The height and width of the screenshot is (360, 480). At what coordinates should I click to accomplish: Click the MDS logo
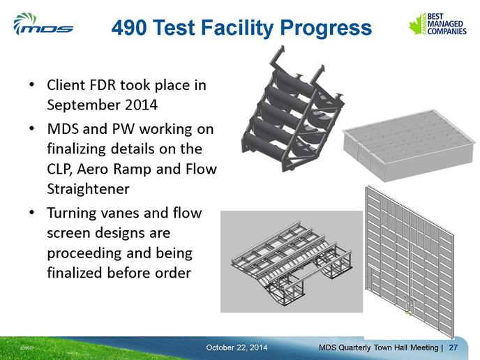(x=43, y=24)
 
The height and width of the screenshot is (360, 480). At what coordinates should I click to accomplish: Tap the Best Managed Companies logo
(x=437, y=24)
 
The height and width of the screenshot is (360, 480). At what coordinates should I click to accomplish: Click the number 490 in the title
(x=128, y=27)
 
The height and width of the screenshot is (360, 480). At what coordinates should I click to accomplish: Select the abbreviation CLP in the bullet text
(x=59, y=170)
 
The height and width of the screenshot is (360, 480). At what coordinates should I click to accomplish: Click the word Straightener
(x=88, y=189)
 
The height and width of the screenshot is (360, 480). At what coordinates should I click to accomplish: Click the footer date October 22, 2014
(x=237, y=347)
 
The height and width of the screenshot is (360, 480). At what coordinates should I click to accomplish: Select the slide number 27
(x=453, y=347)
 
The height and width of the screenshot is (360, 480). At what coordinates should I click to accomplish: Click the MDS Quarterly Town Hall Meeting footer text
(x=378, y=347)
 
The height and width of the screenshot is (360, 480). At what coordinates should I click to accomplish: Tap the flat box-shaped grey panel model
(x=410, y=145)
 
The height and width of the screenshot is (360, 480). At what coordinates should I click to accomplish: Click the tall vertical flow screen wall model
(x=410, y=263)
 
